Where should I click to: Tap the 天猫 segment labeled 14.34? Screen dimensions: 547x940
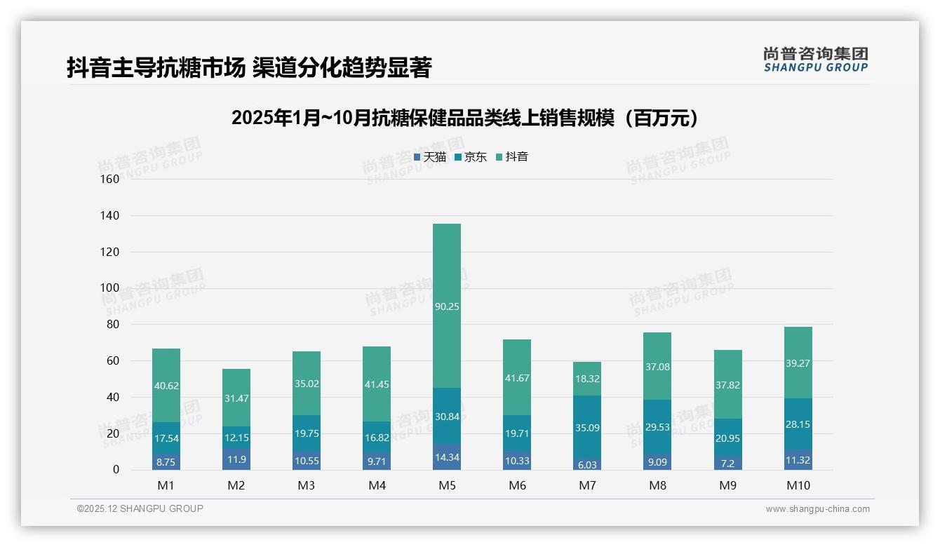click(x=447, y=457)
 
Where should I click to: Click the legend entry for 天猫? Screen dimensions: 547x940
click(x=430, y=157)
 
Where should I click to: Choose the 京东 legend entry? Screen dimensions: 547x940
click(x=471, y=157)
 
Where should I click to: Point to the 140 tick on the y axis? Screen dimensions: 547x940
click(x=110, y=215)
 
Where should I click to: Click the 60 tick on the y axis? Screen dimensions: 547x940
click(x=112, y=360)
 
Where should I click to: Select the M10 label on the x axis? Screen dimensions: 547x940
click(x=798, y=485)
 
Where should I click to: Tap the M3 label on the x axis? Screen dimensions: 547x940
click(x=307, y=485)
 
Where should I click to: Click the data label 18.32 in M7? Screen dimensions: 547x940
click(x=587, y=378)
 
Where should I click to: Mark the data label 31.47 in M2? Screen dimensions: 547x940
click(x=236, y=398)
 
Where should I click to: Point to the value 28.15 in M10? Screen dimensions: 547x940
click(x=798, y=424)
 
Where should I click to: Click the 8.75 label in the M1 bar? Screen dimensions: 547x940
click(x=166, y=463)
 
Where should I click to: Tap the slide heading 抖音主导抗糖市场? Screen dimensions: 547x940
click(x=249, y=67)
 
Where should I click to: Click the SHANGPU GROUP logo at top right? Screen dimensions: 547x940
click(x=815, y=59)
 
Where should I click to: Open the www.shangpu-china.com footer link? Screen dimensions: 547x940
click(x=817, y=509)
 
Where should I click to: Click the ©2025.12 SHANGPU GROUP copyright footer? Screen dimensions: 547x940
click(x=140, y=508)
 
